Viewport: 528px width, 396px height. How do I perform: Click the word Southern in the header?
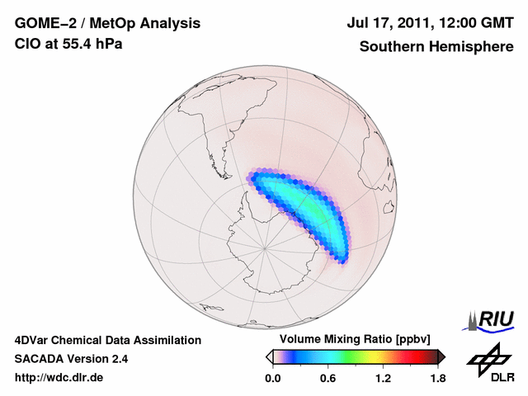(390, 47)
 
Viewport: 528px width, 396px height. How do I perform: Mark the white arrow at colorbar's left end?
(269, 356)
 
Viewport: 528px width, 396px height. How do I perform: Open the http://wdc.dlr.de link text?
(59, 378)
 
